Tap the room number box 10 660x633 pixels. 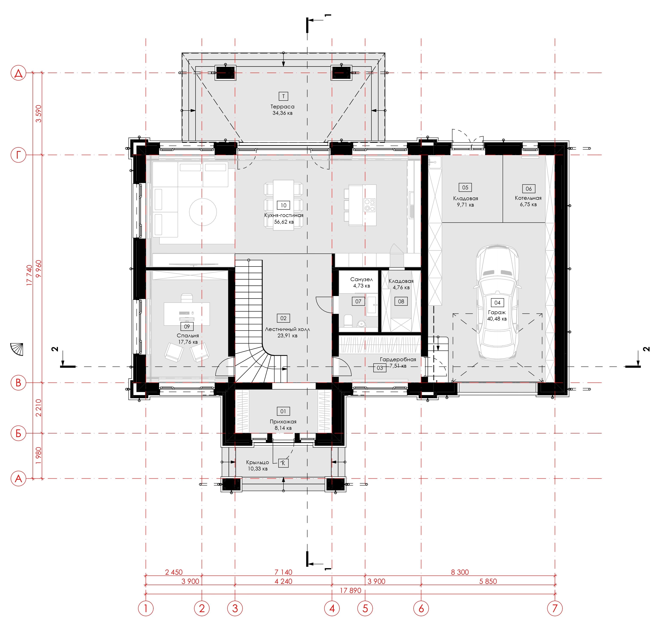click(x=283, y=205)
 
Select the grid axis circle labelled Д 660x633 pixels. click(x=19, y=73)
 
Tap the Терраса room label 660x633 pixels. click(x=283, y=106)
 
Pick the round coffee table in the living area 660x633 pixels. click(x=203, y=212)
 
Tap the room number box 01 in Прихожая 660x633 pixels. click(x=283, y=411)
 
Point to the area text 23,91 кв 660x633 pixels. click(x=287, y=336)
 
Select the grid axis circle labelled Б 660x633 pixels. click(x=19, y=433)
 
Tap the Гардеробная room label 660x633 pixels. click(x=398, y=359)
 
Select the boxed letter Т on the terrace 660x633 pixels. click(x=283, y=96)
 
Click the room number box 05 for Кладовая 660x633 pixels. click(x=465, y=188)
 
